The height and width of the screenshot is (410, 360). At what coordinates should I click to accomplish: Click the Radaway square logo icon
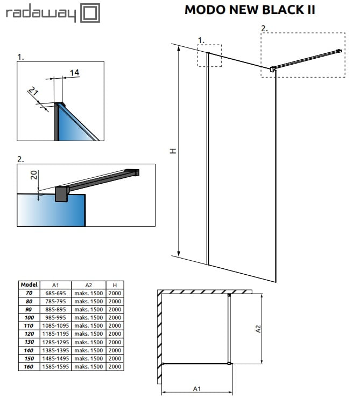click(90, 13)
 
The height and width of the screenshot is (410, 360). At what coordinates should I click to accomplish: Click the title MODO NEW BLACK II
click(250, 10)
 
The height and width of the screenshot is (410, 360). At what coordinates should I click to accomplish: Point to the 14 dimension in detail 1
click(74, 72)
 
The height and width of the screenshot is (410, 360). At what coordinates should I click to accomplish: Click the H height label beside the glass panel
click(172, 151)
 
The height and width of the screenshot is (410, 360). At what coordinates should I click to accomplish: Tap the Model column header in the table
click(29, 284)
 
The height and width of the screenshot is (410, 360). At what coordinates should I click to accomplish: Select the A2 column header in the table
click(89, 284)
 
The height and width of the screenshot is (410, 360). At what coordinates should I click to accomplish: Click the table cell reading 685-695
click(55, 293)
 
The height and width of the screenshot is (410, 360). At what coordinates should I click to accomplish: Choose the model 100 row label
click(29, 318)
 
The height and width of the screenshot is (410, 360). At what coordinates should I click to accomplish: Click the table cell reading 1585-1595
click(55, 366)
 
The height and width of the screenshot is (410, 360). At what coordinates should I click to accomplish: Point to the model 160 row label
click(29, 366)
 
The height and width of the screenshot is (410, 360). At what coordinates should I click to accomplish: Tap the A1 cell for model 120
click(55, 334)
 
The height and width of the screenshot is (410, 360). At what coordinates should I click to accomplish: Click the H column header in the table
click(115, 284)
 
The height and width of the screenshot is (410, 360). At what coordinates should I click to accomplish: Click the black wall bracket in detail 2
click(61, 194)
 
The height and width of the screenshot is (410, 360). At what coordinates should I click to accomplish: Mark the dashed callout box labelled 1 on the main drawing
click(209, 55)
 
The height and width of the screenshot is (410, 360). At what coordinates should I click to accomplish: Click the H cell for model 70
click(115, 293)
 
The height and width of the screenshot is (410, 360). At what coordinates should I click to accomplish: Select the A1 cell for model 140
click(55, 350)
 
